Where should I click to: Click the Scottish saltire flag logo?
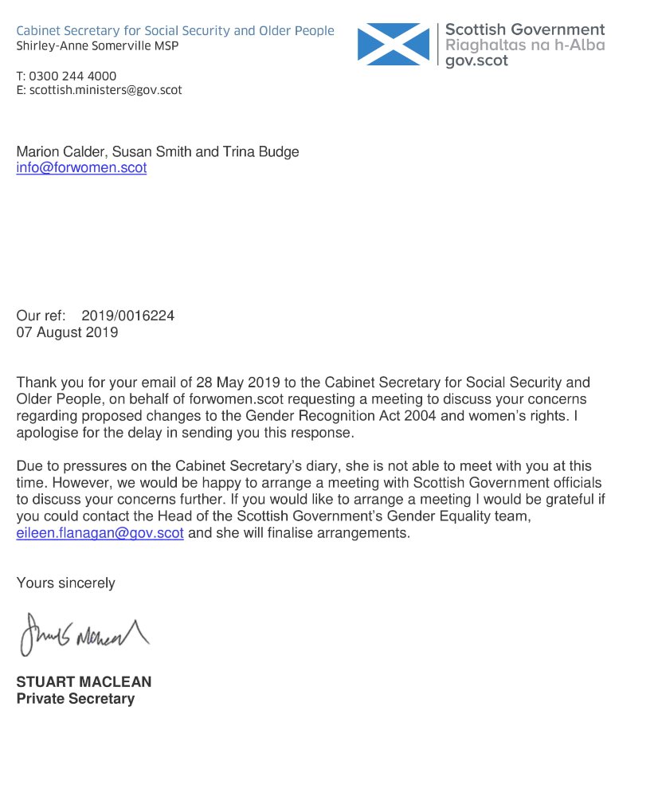pos(394,44)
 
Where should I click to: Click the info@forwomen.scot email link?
pos(81,168)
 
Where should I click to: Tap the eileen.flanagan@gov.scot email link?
pos(100,533)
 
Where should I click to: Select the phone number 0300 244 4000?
pos(72,77)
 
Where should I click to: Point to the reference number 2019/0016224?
pos(127,316)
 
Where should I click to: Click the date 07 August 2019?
pos(67,332)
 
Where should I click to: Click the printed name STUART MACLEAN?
pos(84,682)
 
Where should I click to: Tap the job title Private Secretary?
pos(76,699)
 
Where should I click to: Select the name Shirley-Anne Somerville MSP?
pos(97,46)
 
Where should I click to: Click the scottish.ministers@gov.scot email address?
pos(105,90)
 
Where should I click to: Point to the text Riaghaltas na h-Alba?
pos(525,45)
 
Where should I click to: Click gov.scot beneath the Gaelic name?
pos(476,61)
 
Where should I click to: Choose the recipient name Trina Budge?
pos(263,151)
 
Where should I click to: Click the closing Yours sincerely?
pos(65,583)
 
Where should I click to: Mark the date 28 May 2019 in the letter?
pos(217,383)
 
